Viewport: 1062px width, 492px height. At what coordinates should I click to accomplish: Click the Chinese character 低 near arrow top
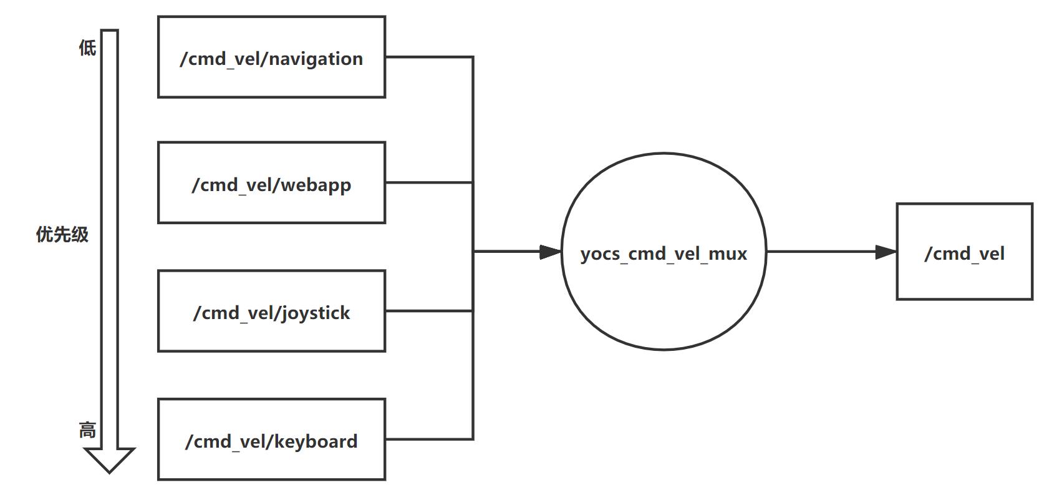click(x=87, y=47)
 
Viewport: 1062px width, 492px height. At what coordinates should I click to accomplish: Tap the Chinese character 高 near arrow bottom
click(x=87, y=430)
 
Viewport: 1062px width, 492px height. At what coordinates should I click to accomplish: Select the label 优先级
click(x=62, y=235)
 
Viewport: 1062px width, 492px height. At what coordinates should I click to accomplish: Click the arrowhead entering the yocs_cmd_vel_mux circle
click(x=551, y=252)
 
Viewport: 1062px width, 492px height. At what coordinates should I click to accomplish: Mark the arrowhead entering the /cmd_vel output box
click(x=886, y=252)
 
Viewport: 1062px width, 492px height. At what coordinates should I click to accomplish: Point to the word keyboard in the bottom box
click(x=316, y=441)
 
